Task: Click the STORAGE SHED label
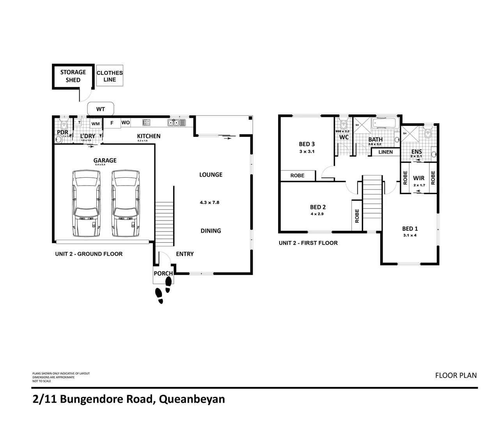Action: [x=73, y=76]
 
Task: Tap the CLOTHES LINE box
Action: [x=110, y=76]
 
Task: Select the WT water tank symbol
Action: [x=100, y=109]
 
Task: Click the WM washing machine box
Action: [x=96, y=124]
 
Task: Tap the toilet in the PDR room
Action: [x=64, y=124]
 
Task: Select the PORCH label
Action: [x=163, y=274]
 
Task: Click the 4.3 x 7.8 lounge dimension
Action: [x=209, y=203]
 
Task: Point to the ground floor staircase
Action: [x=164, y=222]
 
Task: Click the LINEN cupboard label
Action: [x=385, y=152]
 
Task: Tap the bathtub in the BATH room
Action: [x=384, y=124]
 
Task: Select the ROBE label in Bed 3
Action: [x=297, y=176]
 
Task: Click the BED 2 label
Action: [x=318, y=207]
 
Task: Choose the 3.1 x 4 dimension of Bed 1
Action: [x=409, y=235]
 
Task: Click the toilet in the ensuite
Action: [x=428, y=134]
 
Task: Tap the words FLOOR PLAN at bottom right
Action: [x=456, y=376]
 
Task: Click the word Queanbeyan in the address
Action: [x=192, y=400]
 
